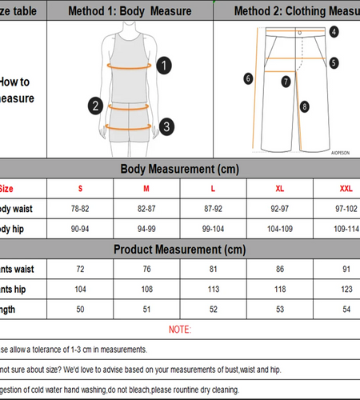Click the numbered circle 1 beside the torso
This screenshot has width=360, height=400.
(163, 65)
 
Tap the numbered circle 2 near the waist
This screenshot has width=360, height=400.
(94, 105)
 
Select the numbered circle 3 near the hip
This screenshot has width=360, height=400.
(166, 126)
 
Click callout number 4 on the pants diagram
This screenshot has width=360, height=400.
(334, 32)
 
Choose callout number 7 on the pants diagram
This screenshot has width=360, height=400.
(286, 80)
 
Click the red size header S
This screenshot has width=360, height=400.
(80, 189)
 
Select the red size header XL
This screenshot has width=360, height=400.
(279, 189)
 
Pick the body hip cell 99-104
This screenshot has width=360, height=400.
(213, 228)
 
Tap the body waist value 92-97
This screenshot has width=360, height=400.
(279, 208)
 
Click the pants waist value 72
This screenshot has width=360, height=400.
(80, 268)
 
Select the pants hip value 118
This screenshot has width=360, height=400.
(279, 288)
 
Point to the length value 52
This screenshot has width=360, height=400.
(213, 308)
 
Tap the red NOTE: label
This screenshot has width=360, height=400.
(180, 329)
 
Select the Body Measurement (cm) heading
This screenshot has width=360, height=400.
(179, 169)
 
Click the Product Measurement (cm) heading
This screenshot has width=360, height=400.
(179, 249)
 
